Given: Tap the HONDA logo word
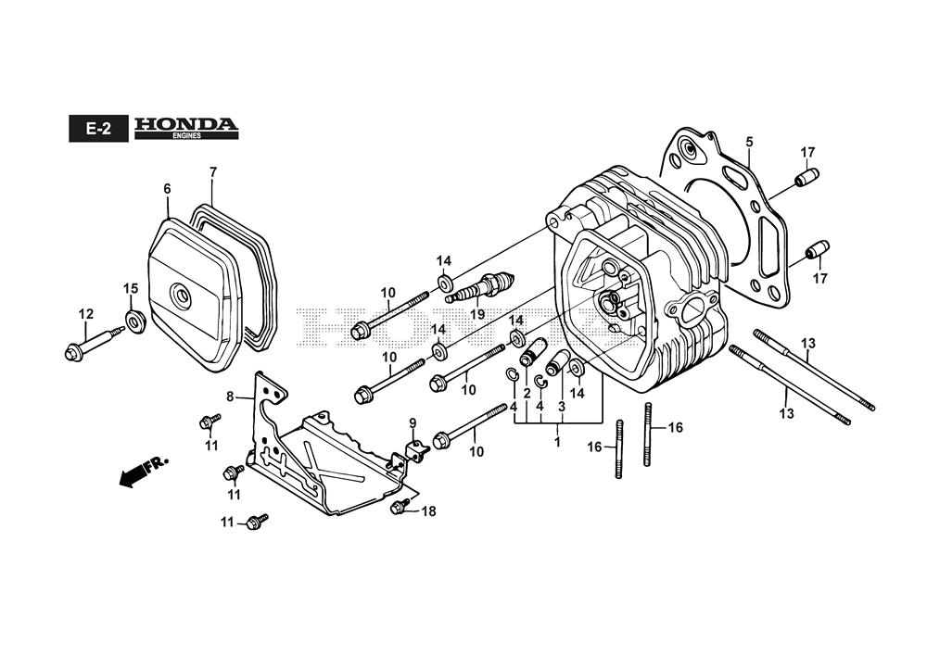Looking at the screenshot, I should (185, 124).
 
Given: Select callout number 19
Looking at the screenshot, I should (477, 314).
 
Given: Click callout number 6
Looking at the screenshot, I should (168, 189).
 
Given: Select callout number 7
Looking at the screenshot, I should (212, 172).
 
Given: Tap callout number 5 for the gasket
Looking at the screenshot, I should (749, 142).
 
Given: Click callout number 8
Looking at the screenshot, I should (230, 397).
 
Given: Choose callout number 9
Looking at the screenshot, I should (413, 423).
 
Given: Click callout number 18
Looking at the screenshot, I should (427, 510).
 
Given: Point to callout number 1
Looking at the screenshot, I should (557, 442).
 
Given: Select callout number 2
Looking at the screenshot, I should (527, 393).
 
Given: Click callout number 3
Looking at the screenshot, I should (561, 406).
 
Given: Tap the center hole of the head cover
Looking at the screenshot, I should (182, 296).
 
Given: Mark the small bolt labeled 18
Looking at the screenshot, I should (401, 506).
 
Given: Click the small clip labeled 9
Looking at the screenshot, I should (415, 449).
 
